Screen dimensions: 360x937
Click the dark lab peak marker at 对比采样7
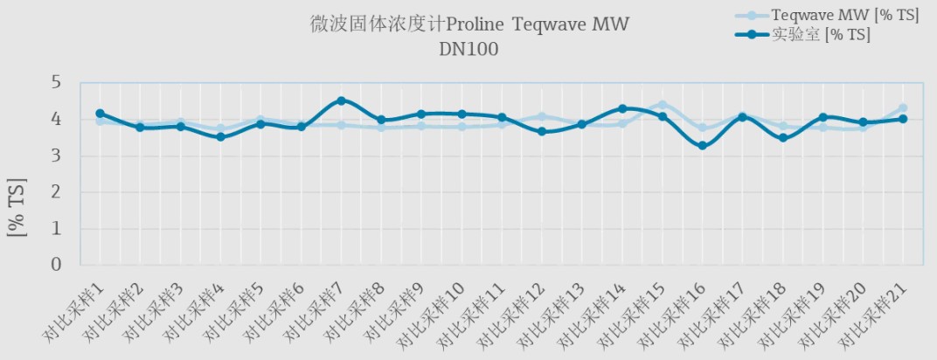[x=341, y=100]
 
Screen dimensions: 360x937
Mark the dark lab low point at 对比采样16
[x=702, y=146]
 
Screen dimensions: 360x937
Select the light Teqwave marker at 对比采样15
[x=662, y=105]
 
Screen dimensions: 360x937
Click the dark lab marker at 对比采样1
[x=100, y=114]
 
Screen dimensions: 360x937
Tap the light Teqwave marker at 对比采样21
[x=903, y=108]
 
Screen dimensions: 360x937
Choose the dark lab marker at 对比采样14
[x=622, y=109]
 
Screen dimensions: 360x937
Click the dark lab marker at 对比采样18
[x=782, y=138]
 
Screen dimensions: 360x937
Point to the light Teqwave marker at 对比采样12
[x=542, y=116]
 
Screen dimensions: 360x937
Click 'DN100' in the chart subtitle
[x=468, y=50]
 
